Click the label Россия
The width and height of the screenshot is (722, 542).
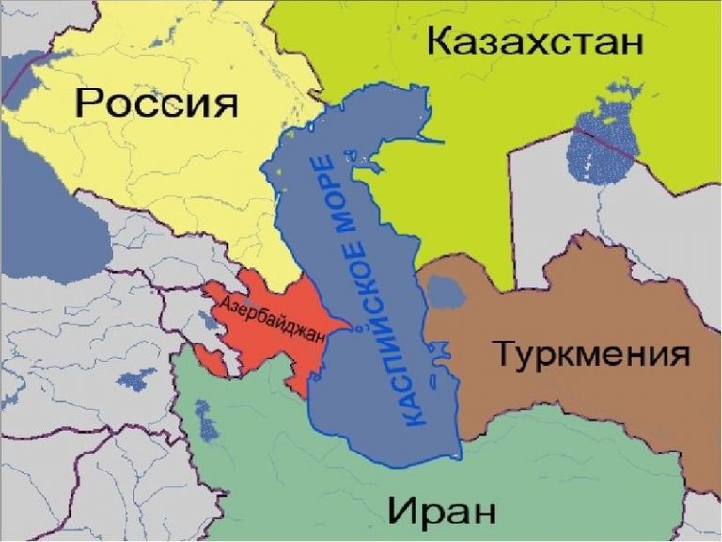click(156, 101)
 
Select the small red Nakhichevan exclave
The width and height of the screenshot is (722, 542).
click(212, 359)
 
